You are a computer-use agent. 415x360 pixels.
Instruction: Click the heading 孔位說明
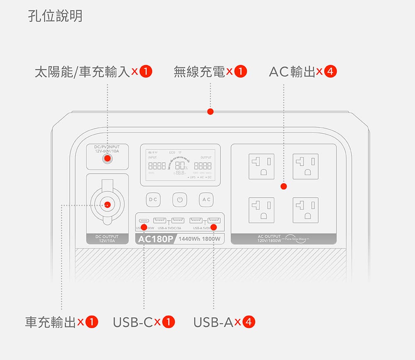(55, 16)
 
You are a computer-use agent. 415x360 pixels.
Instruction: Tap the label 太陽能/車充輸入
(82, 72)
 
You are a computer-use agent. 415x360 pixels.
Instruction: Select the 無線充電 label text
(199, 72)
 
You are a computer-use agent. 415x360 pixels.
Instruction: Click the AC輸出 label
(292, 72)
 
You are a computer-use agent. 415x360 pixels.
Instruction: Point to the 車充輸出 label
(50, 322)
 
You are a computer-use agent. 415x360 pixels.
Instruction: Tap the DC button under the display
(153, 200)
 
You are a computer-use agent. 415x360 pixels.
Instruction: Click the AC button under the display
(206, 200)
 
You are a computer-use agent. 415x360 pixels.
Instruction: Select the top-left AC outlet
(261, 166)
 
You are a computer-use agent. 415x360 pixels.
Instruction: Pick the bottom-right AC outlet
(305, 210)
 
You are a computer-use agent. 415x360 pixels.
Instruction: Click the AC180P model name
(156, 239)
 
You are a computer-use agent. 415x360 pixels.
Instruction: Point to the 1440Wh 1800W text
(200, 239)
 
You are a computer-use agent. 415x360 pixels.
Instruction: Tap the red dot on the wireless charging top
(210, 112)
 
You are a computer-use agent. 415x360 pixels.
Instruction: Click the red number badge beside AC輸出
(330, 72)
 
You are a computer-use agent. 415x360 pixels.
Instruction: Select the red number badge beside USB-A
(249, 322)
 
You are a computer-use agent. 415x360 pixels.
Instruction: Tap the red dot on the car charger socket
(107, 204)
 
